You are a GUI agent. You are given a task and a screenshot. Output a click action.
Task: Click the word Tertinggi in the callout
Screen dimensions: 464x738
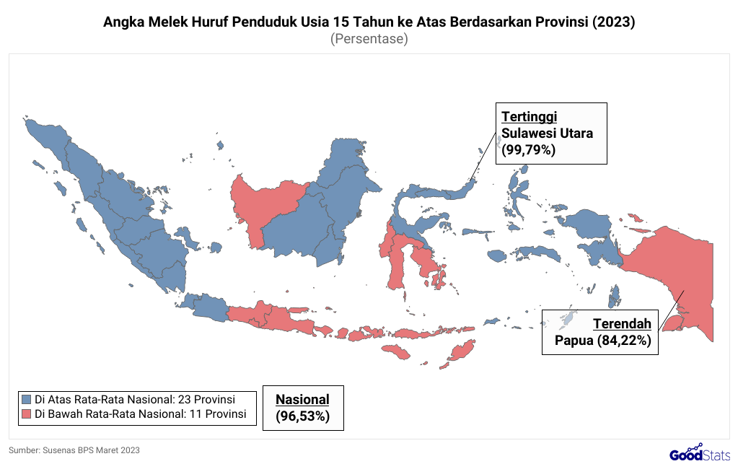click(x=530, y=117)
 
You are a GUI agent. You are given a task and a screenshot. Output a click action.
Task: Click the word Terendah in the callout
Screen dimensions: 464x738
click(x=622, y=323)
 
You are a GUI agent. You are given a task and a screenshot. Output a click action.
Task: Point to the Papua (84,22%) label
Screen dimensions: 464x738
click(x=603, y=340)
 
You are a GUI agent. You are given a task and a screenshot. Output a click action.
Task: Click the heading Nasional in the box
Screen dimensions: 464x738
click(x=302, y=399)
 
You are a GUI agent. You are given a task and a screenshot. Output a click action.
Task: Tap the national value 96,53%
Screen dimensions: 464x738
click(x=302, y=416)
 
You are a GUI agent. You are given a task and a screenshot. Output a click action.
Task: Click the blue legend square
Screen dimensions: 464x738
click(x=27, y=399)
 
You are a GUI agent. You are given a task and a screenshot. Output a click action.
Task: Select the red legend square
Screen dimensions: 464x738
click(x=27, y=414)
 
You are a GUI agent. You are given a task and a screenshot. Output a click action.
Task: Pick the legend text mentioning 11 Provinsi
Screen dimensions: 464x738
click(x=141, y=414)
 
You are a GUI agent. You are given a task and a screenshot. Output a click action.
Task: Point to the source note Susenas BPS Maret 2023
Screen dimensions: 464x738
click(x=74, y=450)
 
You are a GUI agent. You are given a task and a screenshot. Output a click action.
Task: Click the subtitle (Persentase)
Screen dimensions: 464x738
click(x=369, y=39)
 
